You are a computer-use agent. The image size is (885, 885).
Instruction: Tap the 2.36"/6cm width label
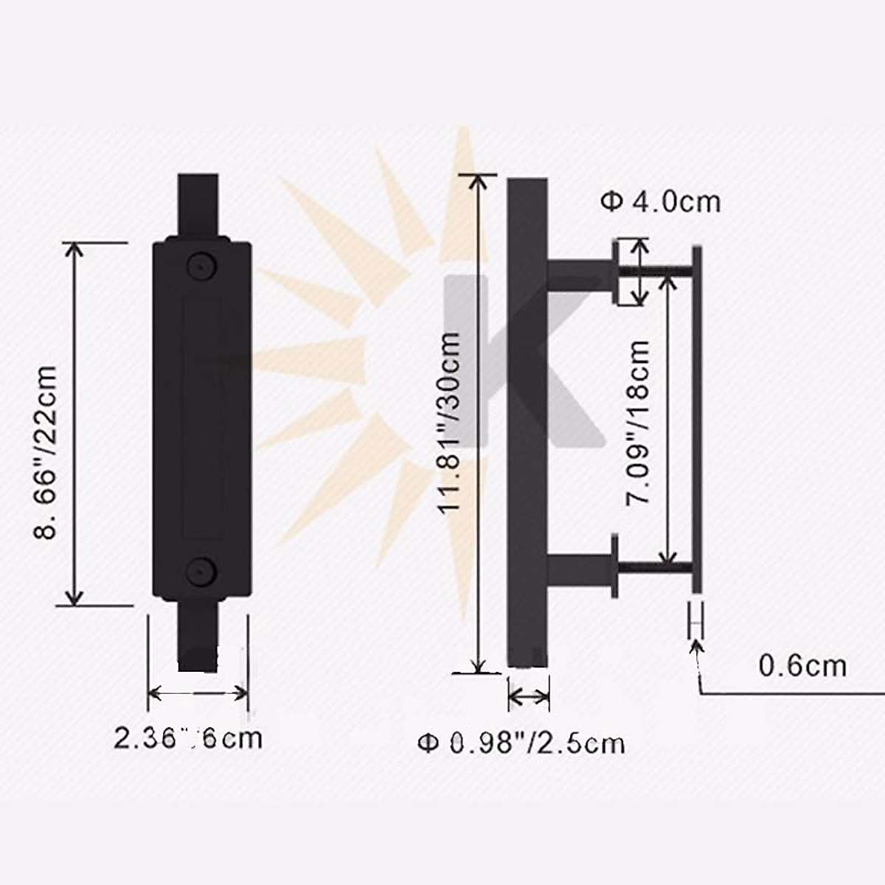188,737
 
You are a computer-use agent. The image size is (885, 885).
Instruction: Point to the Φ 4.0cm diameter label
661,201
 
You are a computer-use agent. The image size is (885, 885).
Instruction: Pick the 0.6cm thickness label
802,666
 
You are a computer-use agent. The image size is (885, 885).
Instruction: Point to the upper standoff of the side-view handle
579,271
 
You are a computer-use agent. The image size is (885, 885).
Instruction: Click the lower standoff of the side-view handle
579,568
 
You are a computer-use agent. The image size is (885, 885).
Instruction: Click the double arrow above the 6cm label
198,693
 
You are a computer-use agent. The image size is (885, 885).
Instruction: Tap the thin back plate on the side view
697,420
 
